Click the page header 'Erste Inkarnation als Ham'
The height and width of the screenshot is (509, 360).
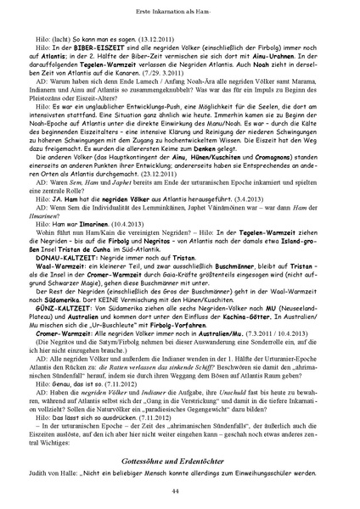coord(179,8)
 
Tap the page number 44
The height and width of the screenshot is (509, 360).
coord(179,490)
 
